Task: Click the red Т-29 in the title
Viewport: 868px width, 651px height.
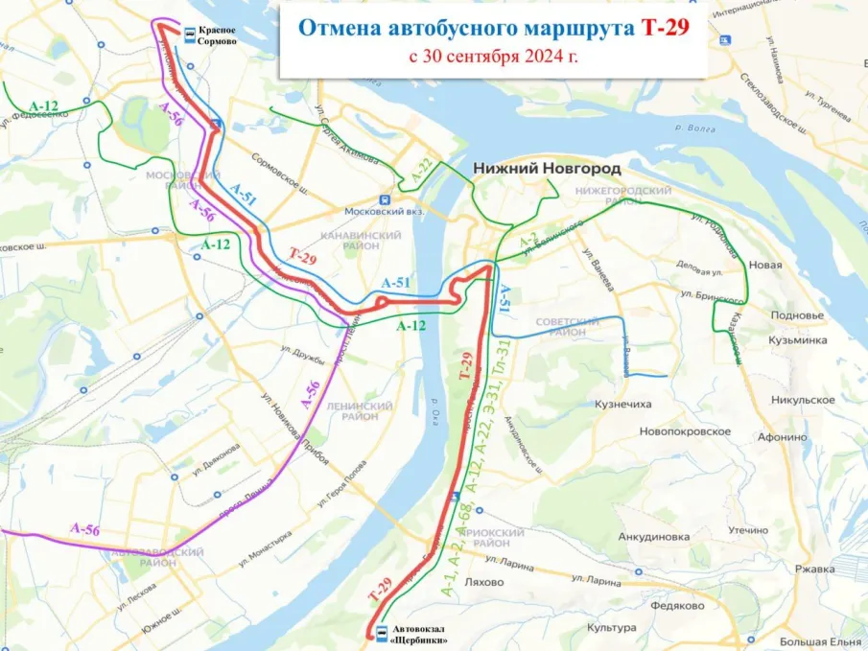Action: (x=665, y=28)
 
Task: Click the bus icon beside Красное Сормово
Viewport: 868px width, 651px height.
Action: (x=190, y=34)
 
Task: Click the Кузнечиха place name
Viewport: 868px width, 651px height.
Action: (x=623, y=405)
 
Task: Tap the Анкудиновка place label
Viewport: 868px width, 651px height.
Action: (x=654, y=537)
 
